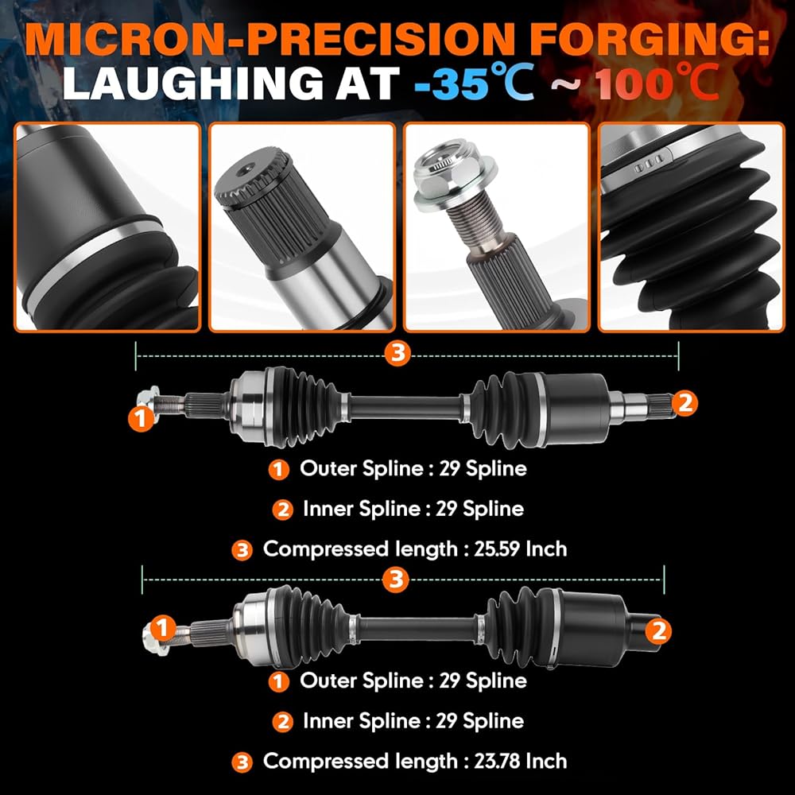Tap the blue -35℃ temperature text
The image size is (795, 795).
click(474, 82)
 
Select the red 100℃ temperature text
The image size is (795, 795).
click(657, 82)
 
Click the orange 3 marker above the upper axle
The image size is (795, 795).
click(397, 352)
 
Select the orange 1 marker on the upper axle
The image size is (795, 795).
click(141, 418)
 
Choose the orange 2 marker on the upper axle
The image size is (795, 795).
click(685, 403)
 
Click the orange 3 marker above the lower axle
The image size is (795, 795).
click(396, 579)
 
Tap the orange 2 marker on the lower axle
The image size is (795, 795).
click(658, 630)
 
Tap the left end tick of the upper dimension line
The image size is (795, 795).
click(136, 356)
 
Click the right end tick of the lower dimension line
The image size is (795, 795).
click(664, 580)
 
